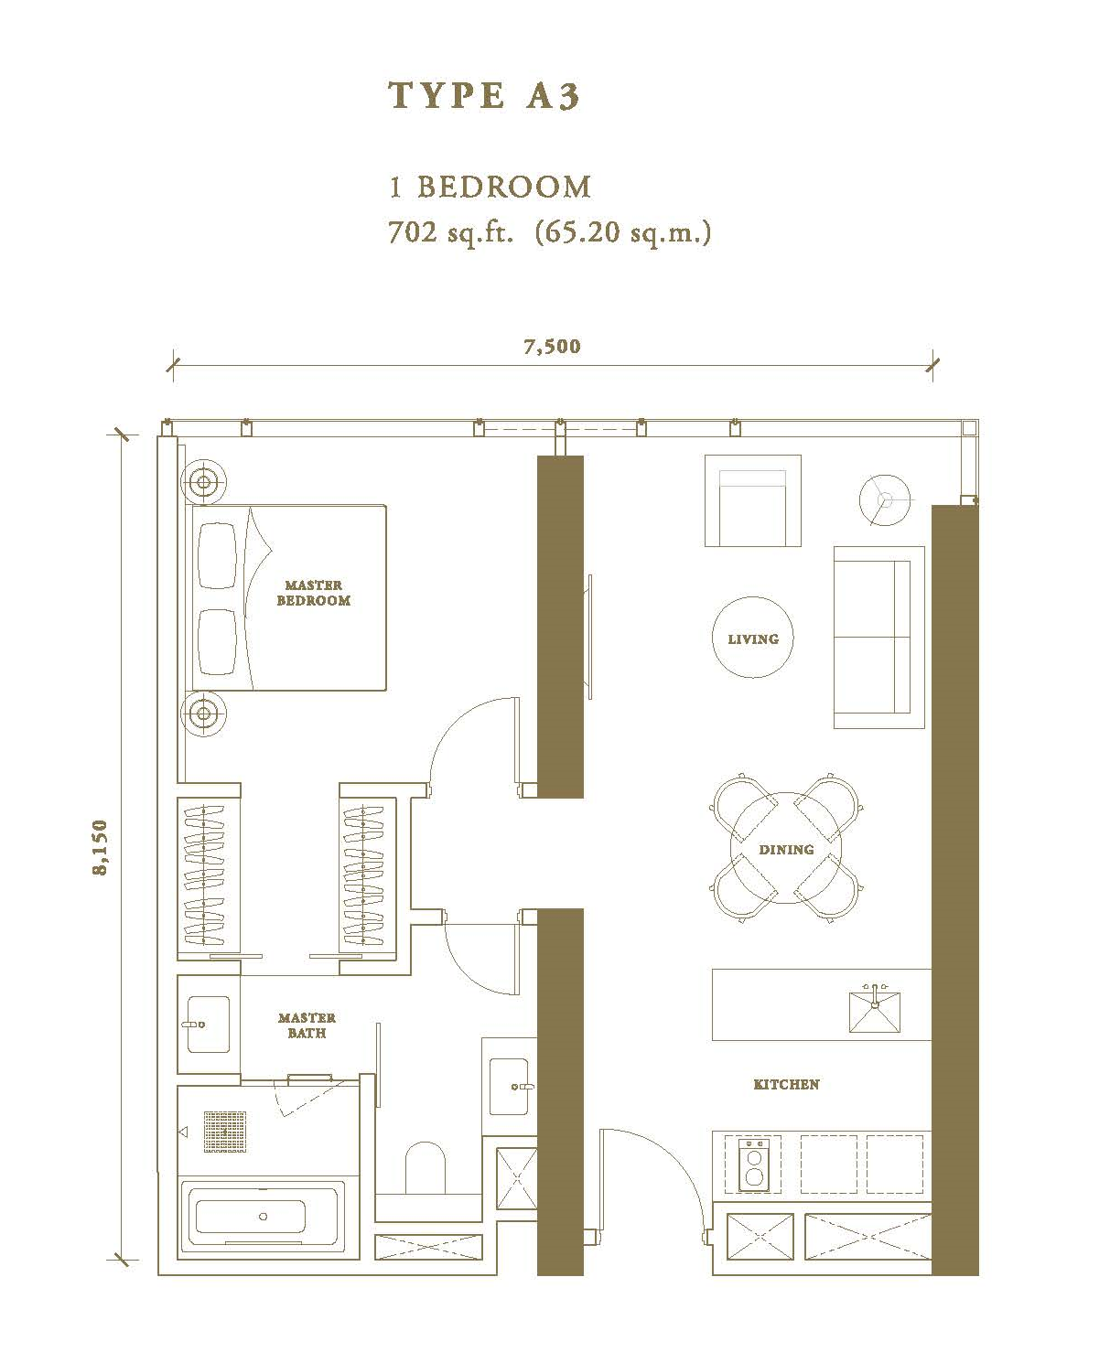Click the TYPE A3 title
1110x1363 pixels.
(x=484, y=95)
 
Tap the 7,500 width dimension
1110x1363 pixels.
(x=552, y=346)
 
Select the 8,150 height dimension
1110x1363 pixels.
(x=101, y=847)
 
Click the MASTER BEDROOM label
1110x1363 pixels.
(x=314, y=593)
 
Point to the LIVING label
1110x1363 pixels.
(x=753, y=639)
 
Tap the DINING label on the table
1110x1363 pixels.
(x=786, y=850)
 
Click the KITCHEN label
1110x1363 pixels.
(x=786, y=1084)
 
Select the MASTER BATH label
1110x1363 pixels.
(x=307, y=1025)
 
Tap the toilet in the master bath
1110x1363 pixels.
(x=426, y=1168)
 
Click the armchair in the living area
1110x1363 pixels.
(x=753, y=500)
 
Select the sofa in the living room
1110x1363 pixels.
(x=878, y=637)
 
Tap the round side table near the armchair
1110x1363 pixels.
(x=885, y=500)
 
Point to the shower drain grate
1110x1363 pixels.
(x=225, y=1132)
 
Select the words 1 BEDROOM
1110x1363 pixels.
(x=490, y=187)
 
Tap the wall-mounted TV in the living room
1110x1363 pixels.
(x=589, y=636)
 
